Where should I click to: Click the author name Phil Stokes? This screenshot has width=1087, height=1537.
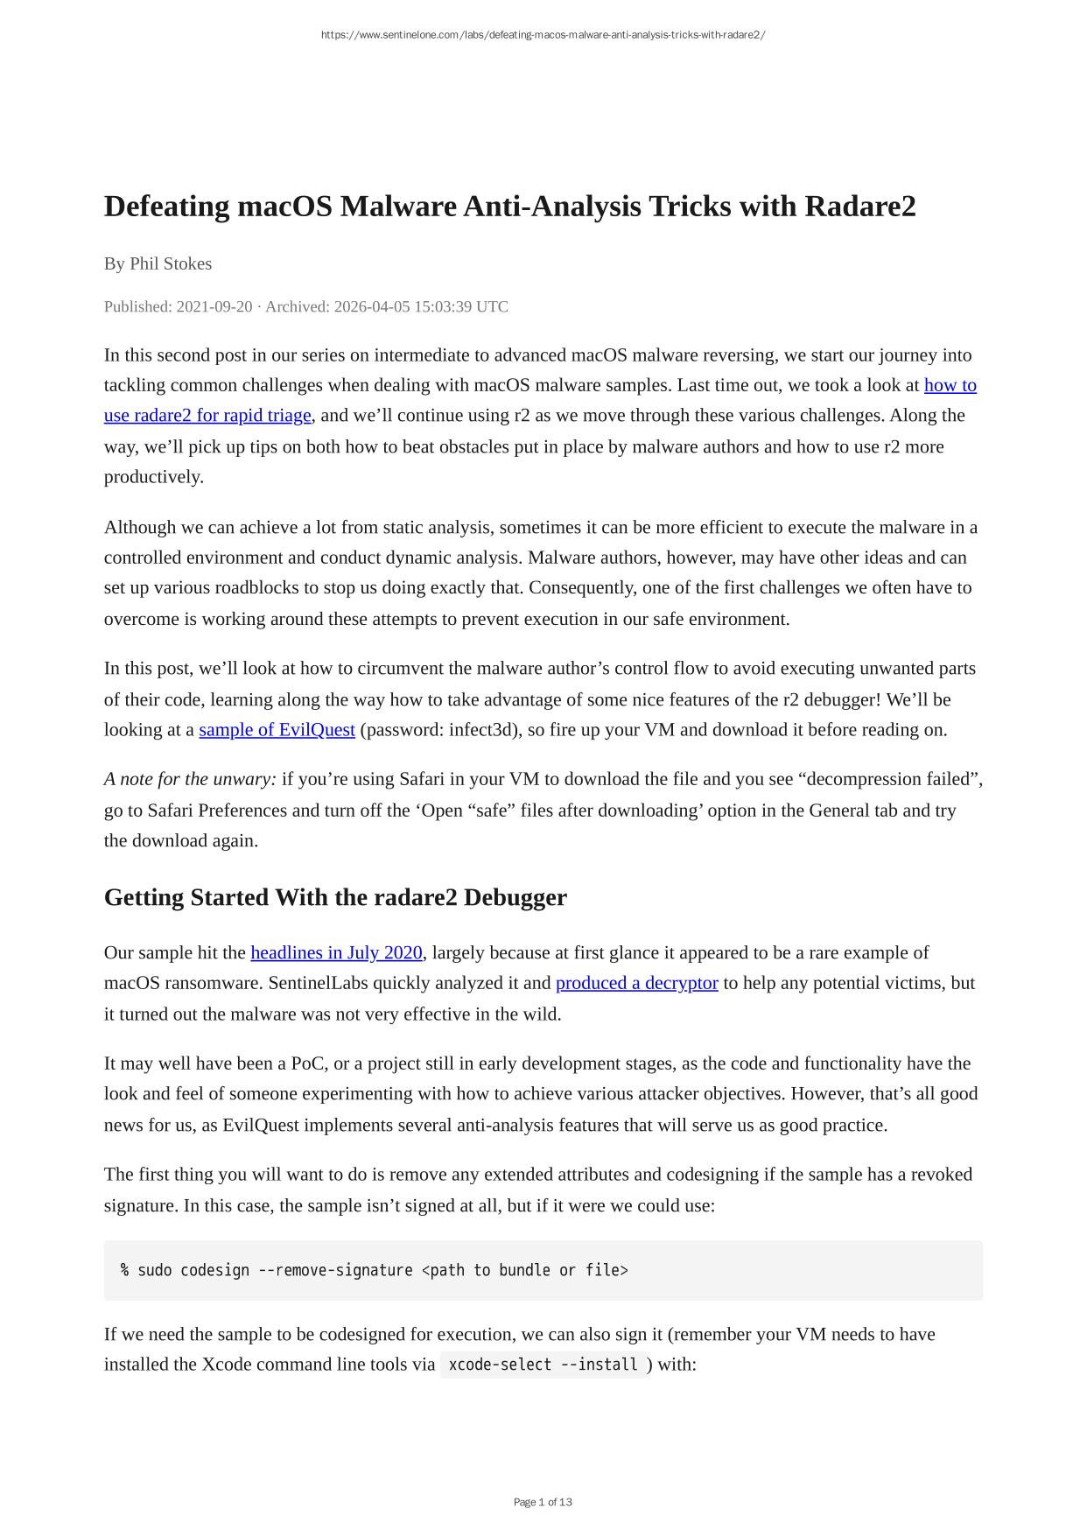171,263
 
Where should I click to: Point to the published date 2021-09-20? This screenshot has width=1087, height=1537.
214,306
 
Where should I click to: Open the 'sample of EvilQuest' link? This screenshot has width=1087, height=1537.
277,729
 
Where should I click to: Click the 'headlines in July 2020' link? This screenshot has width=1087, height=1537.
336,952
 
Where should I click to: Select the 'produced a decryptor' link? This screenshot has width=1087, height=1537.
636,983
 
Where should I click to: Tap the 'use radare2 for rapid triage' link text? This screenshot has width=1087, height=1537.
207,415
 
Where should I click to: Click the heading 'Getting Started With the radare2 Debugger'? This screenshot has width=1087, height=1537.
335,897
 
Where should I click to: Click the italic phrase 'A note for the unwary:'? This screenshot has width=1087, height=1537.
190,779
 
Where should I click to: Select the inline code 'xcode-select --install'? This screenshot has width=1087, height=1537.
543,1365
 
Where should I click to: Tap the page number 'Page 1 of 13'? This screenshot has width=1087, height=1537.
543,1502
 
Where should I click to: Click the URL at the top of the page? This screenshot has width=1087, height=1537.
543,35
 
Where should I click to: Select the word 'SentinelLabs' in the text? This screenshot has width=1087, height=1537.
319,983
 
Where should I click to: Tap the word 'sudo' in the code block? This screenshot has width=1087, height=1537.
155,1270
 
